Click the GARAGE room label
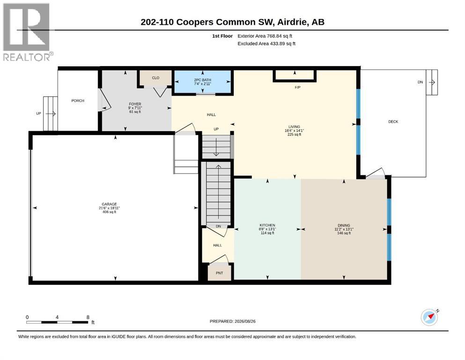coord(109,204)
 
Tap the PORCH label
coord(78,101)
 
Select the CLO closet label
coord(155,78)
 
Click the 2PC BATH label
coord(203,80)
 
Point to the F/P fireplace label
coord(297,87)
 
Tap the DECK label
coord(393,122)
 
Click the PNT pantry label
coord(220,273)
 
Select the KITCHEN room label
coord(267,225)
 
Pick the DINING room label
coord(344,225)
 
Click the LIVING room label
coord(294,127)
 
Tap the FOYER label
coord(135,104)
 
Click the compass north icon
coord(430,317)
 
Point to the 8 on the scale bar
coord(88,317)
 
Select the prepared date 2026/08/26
coord(245,322)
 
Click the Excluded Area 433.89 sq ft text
coord(266,44)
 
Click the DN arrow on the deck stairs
coord(432,82)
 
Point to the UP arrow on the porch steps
coord(51,113)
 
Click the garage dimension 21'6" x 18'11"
coord(109,208)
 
